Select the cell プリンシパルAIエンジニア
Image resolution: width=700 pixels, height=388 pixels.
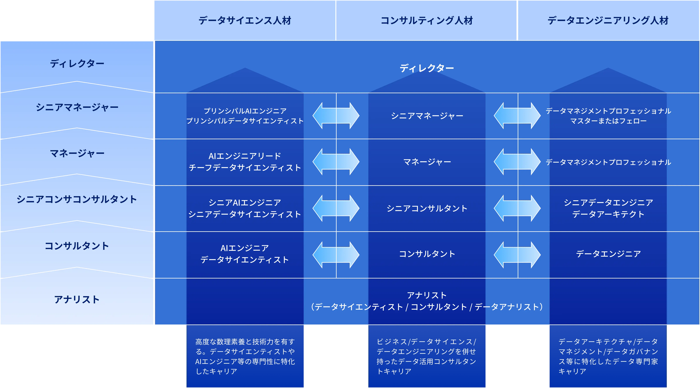(245, 111)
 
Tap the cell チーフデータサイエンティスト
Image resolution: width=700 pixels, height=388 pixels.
(245, 168)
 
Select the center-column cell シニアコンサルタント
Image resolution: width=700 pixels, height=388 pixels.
(427, 208)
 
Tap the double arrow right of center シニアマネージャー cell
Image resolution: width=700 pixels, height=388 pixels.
(517, 116)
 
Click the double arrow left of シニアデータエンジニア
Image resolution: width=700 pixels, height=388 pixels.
(517, 208)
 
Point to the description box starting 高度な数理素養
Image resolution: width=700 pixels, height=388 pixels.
(245, 356)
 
